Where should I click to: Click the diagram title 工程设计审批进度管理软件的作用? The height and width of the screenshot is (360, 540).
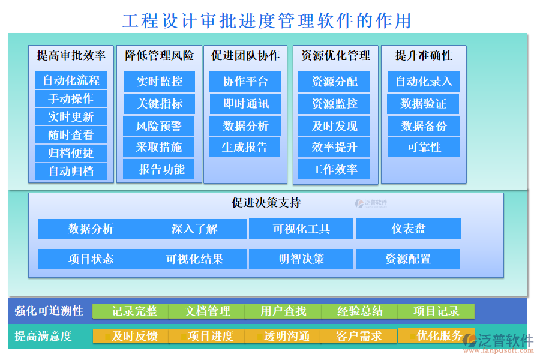[x=267, y=20]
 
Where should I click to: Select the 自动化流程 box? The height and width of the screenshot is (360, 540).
[x=71, y=80]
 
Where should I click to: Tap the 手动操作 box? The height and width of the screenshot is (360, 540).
[x=71, y=98]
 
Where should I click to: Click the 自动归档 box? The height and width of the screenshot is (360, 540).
[x=71, y=171]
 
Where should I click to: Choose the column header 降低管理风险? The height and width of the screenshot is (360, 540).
[x=160, y=56]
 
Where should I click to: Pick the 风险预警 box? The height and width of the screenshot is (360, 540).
[x=159, y=125]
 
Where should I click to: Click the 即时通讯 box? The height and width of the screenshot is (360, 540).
[x=245, y=104]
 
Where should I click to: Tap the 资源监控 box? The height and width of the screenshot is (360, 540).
[x=334, y=104]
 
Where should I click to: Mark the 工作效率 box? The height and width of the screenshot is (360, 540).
[x=334, y=169]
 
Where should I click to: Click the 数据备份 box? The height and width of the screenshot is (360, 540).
[x=424, y=125]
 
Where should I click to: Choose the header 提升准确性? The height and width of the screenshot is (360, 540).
[x=424, y=56]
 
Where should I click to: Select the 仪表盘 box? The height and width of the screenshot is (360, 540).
[x=408, y=229]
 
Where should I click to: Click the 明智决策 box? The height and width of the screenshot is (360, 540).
[x=301, y=259]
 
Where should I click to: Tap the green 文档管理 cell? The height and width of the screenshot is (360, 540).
[x=207, y=311]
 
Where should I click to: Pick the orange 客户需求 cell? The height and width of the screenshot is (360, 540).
[x=359, y=336]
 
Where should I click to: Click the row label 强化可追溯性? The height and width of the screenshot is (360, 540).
[x=49, y=311]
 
